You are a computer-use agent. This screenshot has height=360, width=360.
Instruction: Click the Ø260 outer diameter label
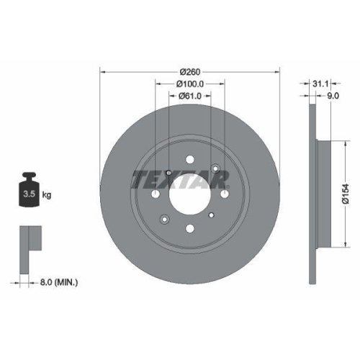point(189,71)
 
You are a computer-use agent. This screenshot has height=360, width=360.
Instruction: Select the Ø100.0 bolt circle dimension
point(189,84)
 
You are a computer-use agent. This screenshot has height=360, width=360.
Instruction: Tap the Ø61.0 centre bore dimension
point(189,96)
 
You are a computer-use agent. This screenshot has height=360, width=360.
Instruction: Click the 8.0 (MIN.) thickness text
point(59,282)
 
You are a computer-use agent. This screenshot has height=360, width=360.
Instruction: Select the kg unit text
point(47,195)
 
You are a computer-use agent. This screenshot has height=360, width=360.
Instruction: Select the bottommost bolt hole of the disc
point(189,230)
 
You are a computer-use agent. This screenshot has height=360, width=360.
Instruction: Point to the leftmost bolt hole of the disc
point(155,194)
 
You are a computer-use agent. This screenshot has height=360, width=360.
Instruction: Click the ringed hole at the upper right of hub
point(214,170)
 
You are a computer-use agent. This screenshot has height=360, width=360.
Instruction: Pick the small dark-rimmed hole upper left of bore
point(168,173)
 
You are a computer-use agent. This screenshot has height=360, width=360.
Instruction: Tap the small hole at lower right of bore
point(211,215)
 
